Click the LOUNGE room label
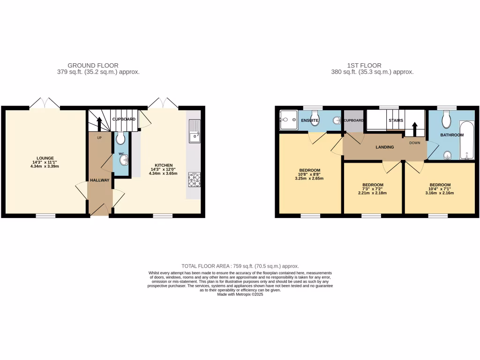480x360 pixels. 45,158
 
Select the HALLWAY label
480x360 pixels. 100,180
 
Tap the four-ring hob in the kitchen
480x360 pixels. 194,180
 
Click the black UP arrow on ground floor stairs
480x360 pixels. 99,124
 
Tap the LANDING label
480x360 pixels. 384,147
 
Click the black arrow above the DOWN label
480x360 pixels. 414,129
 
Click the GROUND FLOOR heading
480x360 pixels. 93,65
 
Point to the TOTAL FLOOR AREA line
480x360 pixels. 240,266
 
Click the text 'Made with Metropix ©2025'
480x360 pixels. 240,294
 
